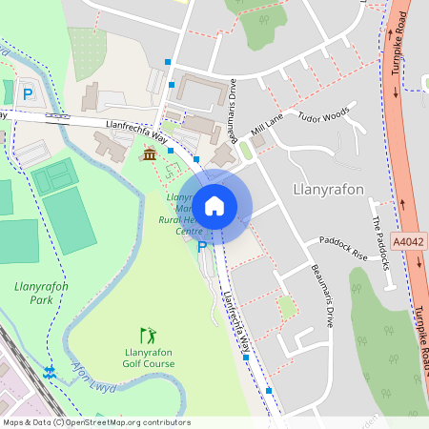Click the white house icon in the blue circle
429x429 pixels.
214,205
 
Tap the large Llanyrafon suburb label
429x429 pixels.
329,189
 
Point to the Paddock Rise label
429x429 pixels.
343,248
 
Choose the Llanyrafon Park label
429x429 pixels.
34,293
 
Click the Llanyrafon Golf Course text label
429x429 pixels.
147,357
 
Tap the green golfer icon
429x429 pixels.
147,335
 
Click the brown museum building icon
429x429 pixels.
149,154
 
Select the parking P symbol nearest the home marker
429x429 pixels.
201,247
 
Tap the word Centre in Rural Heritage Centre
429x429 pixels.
189,232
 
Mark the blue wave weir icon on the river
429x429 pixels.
50,369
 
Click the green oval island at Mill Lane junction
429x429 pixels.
246,150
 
